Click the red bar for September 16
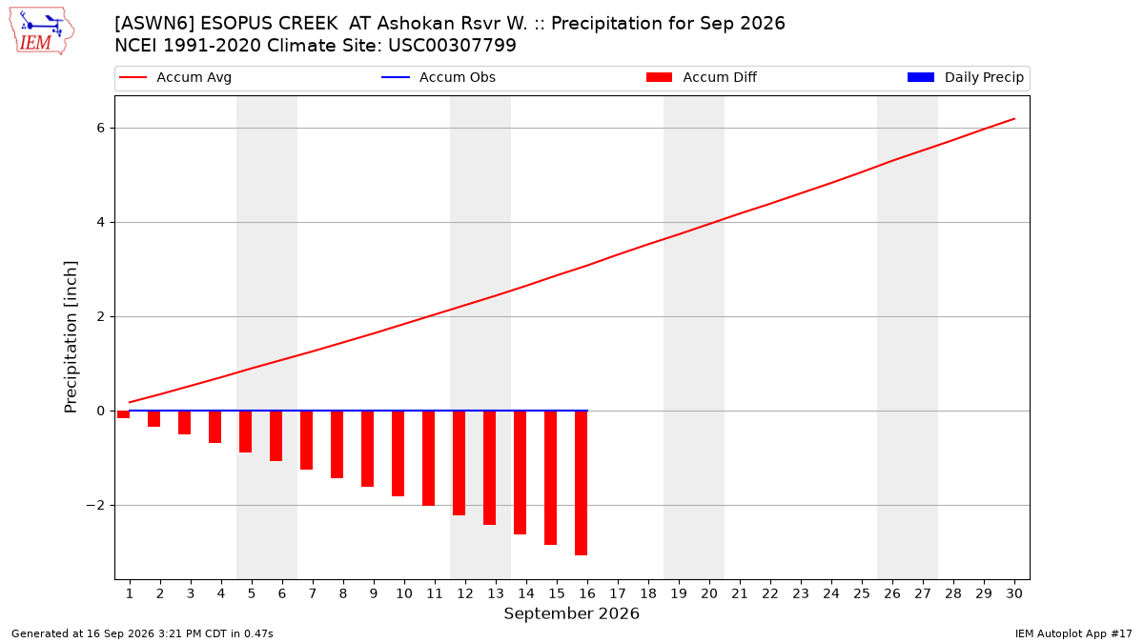581,483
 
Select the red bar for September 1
123,414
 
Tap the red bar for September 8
337,445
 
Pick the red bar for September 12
459,463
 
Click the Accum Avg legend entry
175,77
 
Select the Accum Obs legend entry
439,77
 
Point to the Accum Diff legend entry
702,77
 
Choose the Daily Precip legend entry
965,77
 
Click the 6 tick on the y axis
101,128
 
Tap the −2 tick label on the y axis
95,505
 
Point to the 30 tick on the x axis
1014,593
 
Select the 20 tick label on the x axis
709,593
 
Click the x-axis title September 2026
571,613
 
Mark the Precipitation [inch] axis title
71,337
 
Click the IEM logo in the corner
42,31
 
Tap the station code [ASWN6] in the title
154,24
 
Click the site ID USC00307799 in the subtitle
452,46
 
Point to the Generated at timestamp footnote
142,633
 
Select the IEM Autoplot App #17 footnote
1073,633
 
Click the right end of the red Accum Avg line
1014,118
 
